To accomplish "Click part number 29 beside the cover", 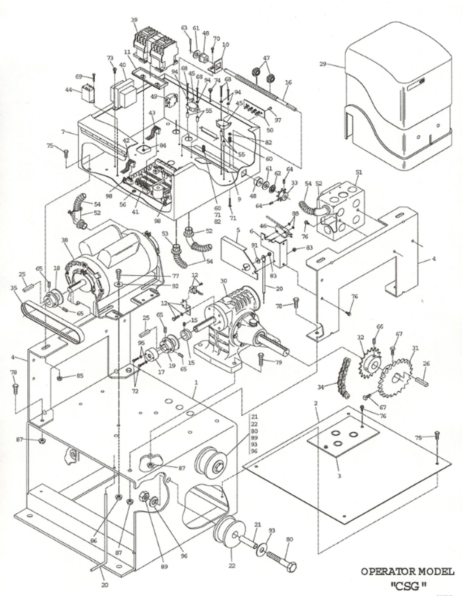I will pyautogui.click(x=322, y=64).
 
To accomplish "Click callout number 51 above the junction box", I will pyautogui.click(x=358, y=173).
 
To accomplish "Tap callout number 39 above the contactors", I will pyautogui.click(x=134, y=20).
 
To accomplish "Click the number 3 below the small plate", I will pyautogui.click(x=339, y=476).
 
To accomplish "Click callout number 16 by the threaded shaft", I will pyautogui.click(x=288, y=83).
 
